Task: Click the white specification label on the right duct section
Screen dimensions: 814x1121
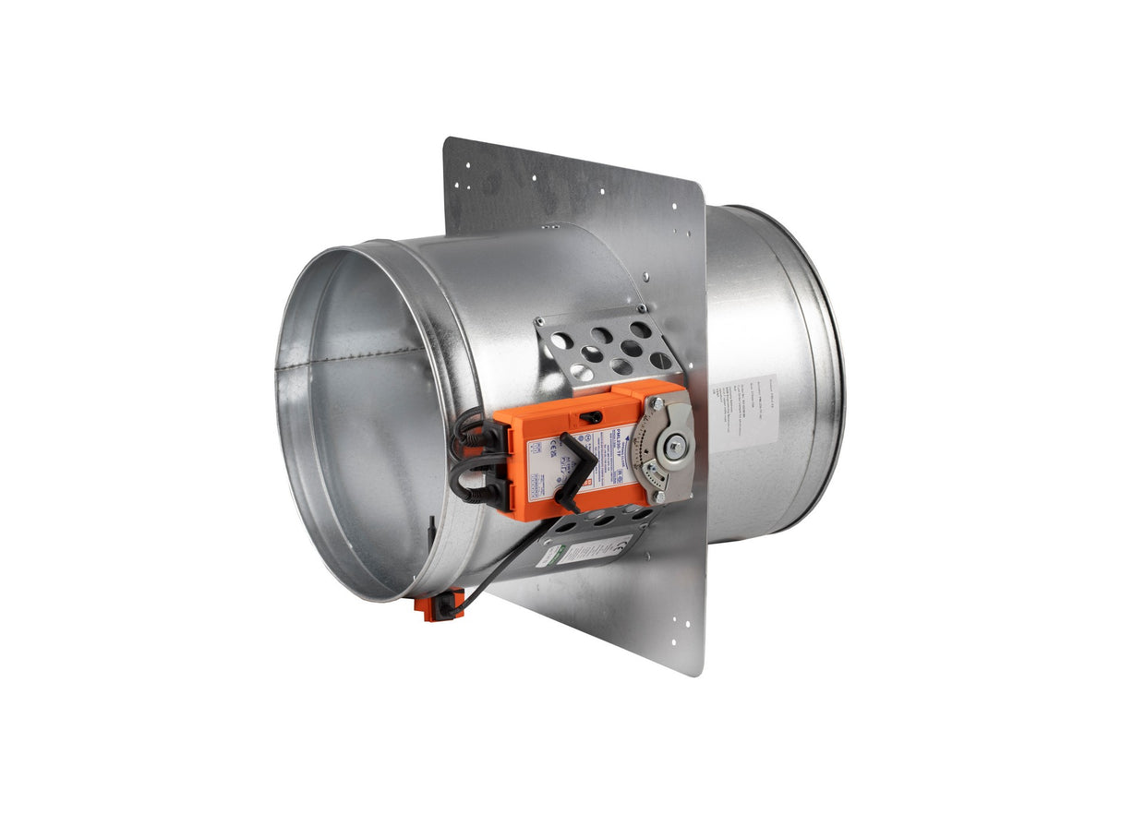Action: click(x=744, y=412)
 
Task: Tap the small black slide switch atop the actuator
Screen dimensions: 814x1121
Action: click(x=586, y=417)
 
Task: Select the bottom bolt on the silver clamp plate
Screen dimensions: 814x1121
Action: click(x=659, y=497)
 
